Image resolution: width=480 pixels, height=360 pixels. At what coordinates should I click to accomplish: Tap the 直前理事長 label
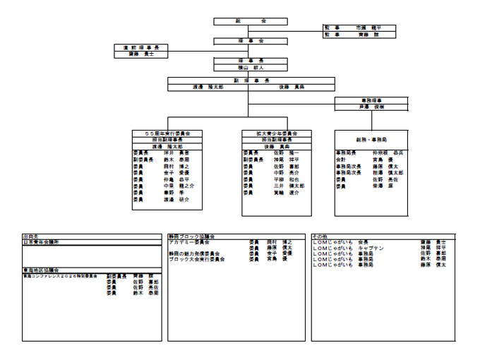click(x=145, y=47)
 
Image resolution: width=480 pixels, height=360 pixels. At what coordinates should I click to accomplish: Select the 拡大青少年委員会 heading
click(x=276, y=133)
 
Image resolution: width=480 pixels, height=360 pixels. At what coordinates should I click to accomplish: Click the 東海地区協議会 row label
click(x=42, y=270)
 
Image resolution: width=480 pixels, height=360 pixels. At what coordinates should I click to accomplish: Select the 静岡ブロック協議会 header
click(x=191, y=236)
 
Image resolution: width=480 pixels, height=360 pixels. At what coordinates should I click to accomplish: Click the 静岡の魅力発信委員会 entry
click(x=195, y=253)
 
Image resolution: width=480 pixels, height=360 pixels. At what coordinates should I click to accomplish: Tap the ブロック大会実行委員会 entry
click(x=197, y=259)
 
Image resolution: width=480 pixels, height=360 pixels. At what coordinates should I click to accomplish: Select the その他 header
click(x=321, y=236)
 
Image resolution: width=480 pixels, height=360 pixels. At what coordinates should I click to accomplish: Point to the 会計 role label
click(x=341, y=160)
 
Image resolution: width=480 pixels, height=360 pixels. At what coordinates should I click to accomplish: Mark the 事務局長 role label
click(x=346, y=152)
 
